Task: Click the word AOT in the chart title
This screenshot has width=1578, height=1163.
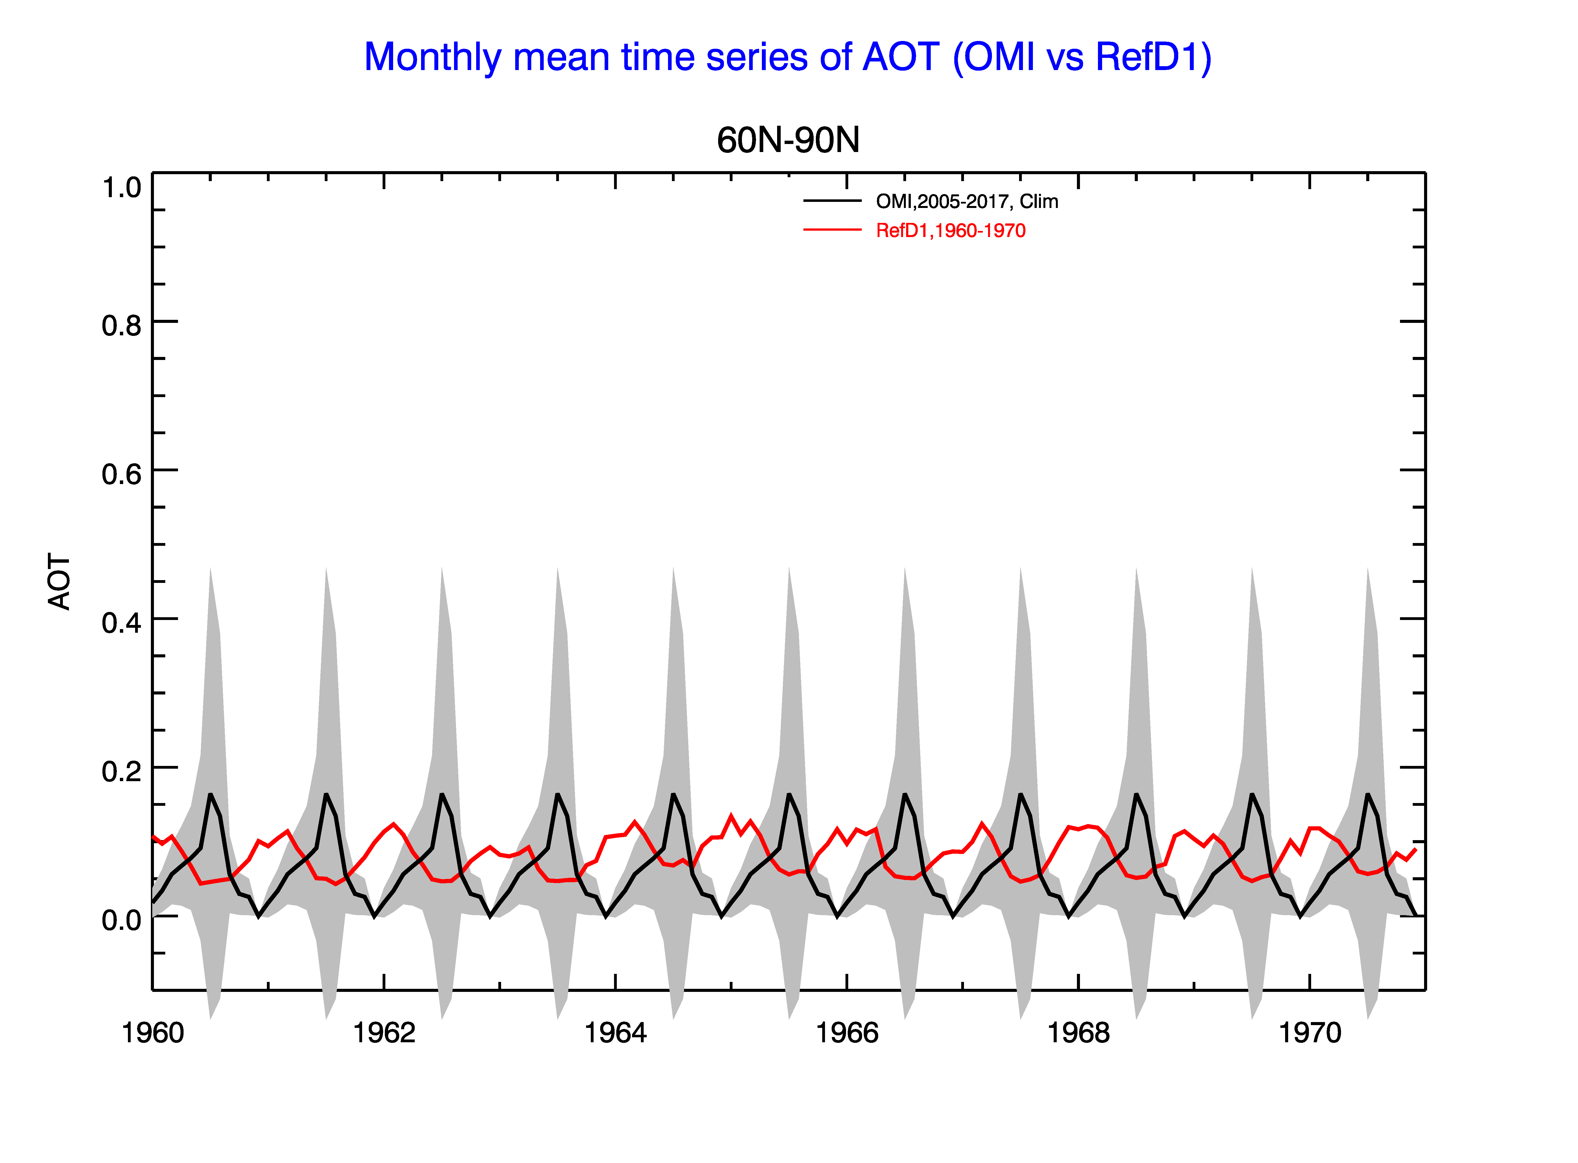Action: click(x=901, y=57)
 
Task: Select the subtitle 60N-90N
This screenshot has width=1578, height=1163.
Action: click(x=788, y=140)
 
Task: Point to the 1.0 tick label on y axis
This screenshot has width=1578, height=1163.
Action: click(x=122, y=188)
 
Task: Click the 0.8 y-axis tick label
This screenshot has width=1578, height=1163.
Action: click(x=122, y=326)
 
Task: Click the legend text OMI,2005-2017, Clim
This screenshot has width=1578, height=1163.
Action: click(x=967, y=202)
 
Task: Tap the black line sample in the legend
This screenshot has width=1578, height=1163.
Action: click(x=833, y=201)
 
